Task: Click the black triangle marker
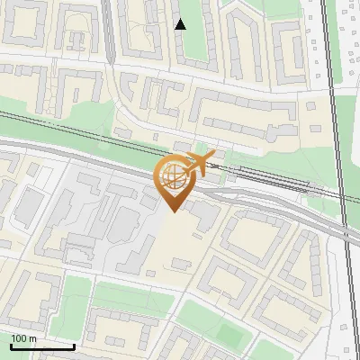[181, 24]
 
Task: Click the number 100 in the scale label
[19, 338]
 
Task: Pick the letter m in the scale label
[32, 338]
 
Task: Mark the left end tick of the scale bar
[10, 346]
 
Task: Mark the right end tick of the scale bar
[74, 346]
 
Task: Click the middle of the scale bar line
[42, 347]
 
